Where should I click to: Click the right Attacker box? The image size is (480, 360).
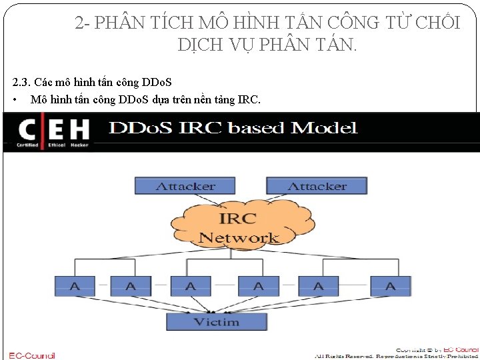pyautogui.click(x=307, y=186)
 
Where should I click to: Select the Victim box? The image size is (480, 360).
pyautogui.click(x=216, y=322)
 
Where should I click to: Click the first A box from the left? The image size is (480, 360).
pyautogui.click(x=75, y=286)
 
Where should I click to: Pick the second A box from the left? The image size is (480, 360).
pyautogui.click(x=130, y=286)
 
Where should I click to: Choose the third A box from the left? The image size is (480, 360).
pyautogui.click(x=190, y=286)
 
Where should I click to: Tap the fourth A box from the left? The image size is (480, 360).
pyautogui.click(x=258, y=286)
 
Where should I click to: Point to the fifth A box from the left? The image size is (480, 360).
pyautogui.click(x=318, y=286)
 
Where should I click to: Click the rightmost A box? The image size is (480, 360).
pyautogui.click(x=390, y=286)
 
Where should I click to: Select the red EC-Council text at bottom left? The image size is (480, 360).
pyautogui.click(x=32, y=355)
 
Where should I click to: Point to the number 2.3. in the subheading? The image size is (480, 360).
pyautogui.click(x=22, y=83)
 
